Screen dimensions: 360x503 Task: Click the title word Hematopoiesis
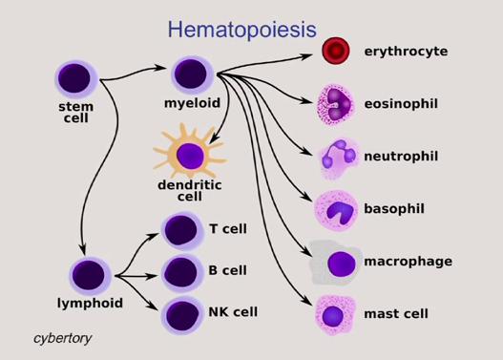coord(241,30)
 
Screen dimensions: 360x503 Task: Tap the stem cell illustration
coord(74,78)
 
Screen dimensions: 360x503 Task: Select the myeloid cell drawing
coord(191,74)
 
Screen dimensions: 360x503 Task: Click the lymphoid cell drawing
coord(90,276)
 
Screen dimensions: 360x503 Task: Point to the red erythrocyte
coord(335,51)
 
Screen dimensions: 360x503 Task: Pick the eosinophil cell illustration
coord(336,103)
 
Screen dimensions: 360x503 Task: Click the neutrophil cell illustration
coord(338,156)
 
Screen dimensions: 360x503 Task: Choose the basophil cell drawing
coord(336,209)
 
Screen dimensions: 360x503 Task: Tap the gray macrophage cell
coord(337,263)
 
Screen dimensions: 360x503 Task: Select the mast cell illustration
coord(335,313)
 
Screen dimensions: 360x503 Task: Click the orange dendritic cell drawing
coord(190,155)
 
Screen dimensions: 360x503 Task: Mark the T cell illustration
coord(179,230)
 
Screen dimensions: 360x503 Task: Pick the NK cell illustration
coord(179,313)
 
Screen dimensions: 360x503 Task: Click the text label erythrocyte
coord(406,51)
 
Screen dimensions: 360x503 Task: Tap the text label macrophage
coord(408,262)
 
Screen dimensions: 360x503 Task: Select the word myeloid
coord(192,101)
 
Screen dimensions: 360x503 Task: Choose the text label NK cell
coord(233,312)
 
